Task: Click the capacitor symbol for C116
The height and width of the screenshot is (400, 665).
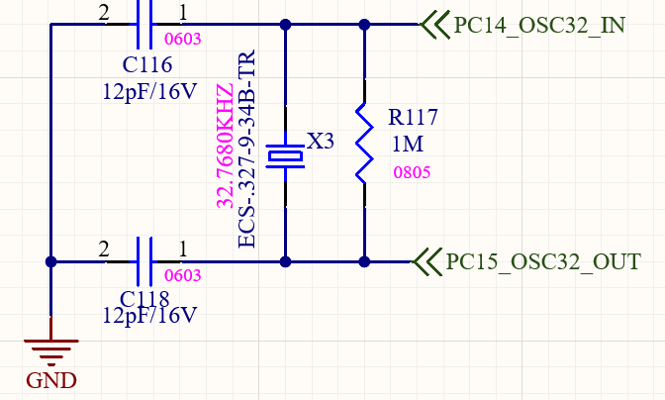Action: coord(142,24)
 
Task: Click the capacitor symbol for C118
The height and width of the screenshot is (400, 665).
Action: coord(142,261)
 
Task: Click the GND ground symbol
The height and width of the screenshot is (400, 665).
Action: coord(48,349)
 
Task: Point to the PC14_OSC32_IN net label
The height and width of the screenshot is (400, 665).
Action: coord(539,25)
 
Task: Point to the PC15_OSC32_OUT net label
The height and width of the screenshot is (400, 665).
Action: coord(543,262)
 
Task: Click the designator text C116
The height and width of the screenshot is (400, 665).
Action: coord(147,66)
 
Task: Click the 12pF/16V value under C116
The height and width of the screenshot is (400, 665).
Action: coord(150,91)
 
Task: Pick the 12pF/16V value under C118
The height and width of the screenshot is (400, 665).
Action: coord(150,316)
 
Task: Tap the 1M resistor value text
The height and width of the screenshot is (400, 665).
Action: coord(407,144)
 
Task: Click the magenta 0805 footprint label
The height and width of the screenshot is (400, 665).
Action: coord(412,171)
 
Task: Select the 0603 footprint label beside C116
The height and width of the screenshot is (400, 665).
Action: coord(181,42)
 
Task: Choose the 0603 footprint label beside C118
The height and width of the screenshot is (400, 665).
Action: coord(182,276)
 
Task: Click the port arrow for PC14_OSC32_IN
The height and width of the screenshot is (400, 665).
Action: coord(432,25)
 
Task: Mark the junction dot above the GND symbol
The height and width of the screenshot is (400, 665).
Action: coord(48,262)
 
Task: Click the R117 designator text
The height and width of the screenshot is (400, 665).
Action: coord(415,118)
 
